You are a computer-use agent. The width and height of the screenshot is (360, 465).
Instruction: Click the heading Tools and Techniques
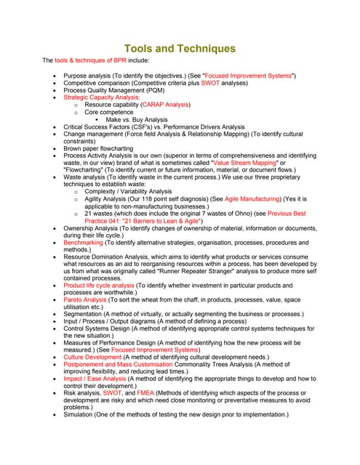click(x=180, y=49)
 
